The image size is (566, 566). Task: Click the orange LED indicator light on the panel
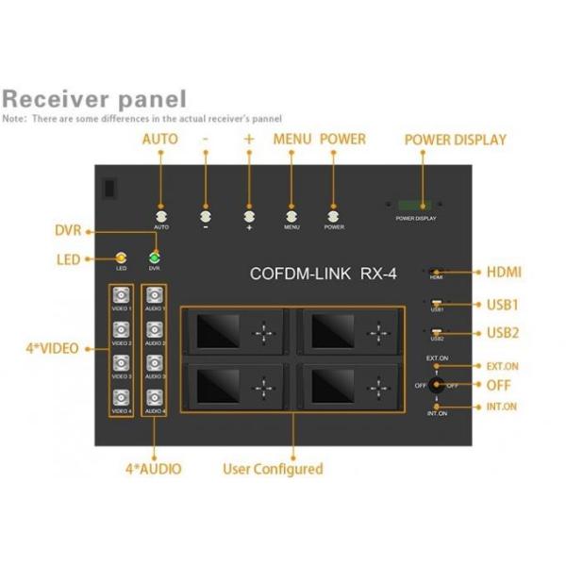point(120,257)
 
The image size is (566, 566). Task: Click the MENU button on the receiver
point(291,216)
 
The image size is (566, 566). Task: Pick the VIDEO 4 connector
point(121,398)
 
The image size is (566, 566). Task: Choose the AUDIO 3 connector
point(154,364)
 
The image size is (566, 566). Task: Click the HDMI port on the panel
point(437,272)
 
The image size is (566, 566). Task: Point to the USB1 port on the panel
point(437,303)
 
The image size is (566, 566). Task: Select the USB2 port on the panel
point(437,332)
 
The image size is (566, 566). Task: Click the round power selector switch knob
point(437,385)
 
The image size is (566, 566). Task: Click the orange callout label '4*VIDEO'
point(52,348)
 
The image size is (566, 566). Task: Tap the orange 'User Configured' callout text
point(273,468)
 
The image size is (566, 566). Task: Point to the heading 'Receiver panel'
point(93,99)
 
